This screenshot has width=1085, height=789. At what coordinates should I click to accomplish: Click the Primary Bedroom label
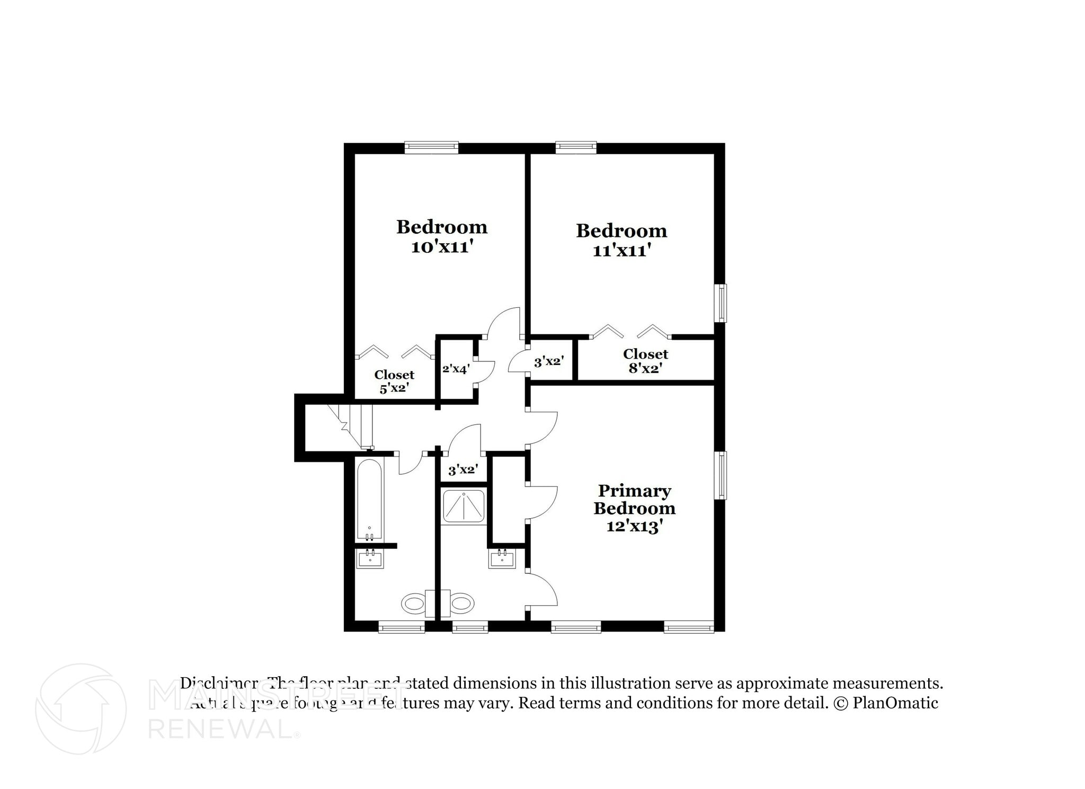[x=634, y=499]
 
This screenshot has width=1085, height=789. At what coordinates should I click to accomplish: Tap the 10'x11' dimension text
[x=441, y=247]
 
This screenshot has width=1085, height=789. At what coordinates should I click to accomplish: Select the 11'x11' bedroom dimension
[x=621, y=251]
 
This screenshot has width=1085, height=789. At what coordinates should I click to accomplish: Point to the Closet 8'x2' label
[x=645, y=361]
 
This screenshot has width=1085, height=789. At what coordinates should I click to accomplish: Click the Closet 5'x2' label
[x=394, y=381]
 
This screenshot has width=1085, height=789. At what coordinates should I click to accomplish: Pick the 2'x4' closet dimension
[x=456, y=368]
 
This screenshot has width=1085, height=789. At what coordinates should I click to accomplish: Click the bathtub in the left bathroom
[x=369, y=500]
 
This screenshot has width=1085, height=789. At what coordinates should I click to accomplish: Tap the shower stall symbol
[x=464, y=507]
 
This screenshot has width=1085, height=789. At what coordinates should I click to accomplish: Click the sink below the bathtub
[x=370, y=558]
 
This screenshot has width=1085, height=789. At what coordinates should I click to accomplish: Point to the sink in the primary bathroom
[x=502, y=558]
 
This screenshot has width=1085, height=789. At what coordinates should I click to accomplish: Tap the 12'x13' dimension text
[x=634, y=527]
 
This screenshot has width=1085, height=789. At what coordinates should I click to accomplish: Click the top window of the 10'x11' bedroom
[x=431, y=147]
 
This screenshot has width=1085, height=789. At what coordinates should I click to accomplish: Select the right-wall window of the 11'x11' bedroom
[x=720, y=303]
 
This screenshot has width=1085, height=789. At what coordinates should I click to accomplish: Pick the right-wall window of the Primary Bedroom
[x=720, y=475]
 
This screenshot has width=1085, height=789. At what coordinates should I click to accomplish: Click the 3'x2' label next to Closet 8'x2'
[x=549, y=362]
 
